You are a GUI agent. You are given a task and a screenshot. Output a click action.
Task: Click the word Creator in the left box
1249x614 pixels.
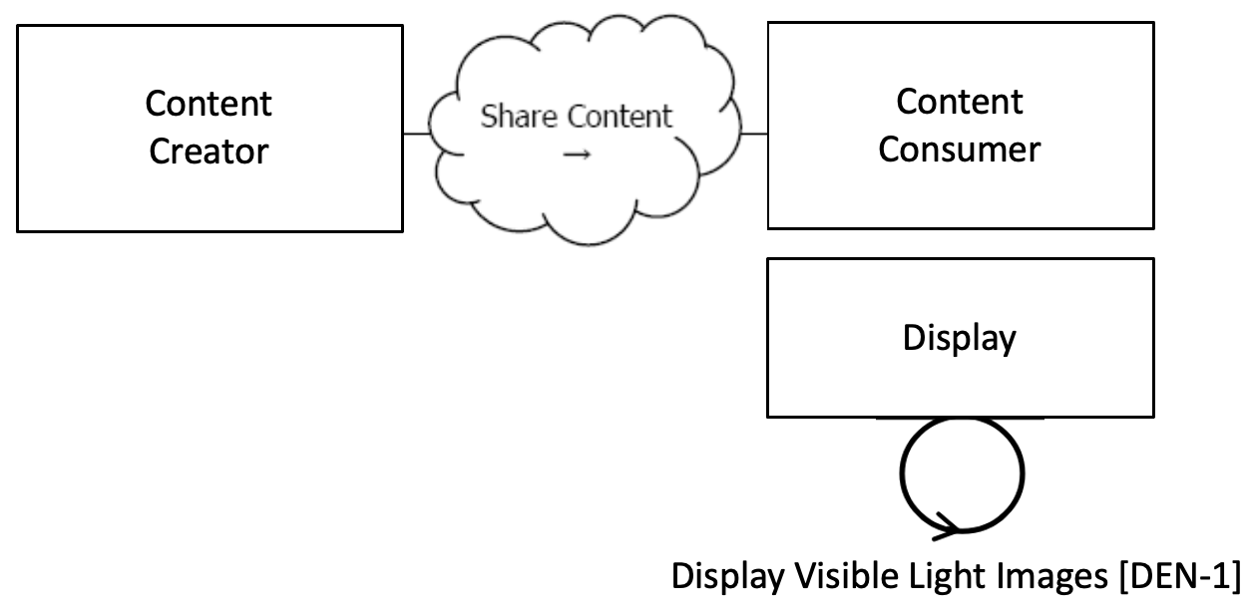click(x=208, y=153)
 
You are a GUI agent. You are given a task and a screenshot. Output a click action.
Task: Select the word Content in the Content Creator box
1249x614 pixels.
click(x=208, y=104)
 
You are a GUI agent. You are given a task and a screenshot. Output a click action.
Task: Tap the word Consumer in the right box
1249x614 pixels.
click(x=959, y=151)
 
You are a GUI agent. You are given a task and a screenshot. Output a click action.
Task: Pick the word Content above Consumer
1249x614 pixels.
click(x=959, y=102)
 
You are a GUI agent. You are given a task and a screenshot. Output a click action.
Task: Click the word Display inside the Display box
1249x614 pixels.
click(x=959, y=338)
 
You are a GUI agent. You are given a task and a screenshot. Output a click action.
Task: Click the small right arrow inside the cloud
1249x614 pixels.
click(x=577, y=154)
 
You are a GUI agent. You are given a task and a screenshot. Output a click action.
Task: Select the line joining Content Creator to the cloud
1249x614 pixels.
click(x=417, y=133)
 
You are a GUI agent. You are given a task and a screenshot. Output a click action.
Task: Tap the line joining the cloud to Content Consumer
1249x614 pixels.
click(x=753, y=133)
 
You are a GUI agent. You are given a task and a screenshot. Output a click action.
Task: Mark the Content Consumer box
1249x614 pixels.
click(x=959, y=199)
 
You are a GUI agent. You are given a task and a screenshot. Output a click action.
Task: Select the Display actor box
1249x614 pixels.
click(x=959, y=389)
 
